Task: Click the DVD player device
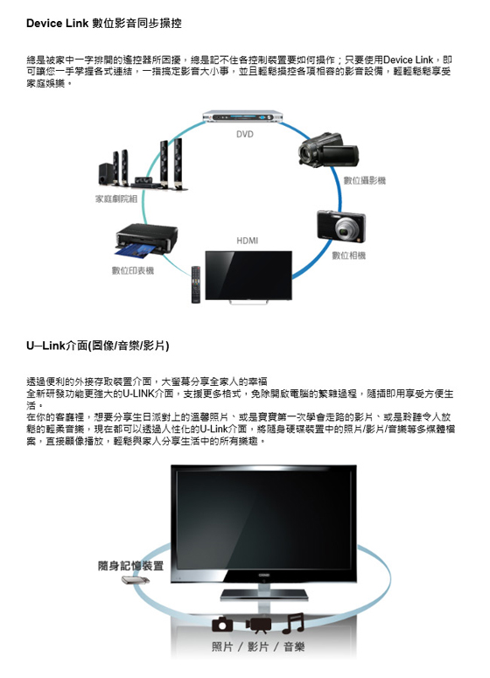[x=242, y=116]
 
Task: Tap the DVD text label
[x=245, y=135]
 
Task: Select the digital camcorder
[x=328, y=150]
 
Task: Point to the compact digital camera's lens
[x=345, y=229]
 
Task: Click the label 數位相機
[x=348, y=255]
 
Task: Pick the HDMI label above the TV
[x=248, y=241]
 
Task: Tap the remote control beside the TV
[x=196, y=284]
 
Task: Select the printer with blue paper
[x=147, y=240]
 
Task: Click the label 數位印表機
[x=133, y=270]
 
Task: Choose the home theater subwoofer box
[x=106, y=174]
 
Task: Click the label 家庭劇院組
[x=116, y=199]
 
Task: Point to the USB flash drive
[x=136, y=580]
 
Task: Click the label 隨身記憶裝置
[x=130, y=565]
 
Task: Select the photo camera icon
[x=222, y=624]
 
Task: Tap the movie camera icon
[x=258, y=625]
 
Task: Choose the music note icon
[x=293, y=623]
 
